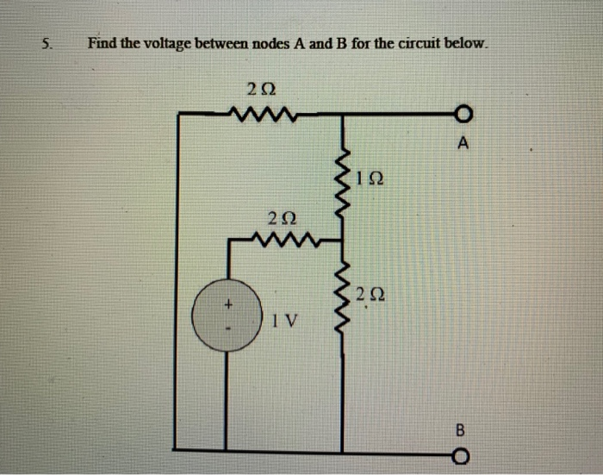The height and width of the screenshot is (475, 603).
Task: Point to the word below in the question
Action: [468, 42]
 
